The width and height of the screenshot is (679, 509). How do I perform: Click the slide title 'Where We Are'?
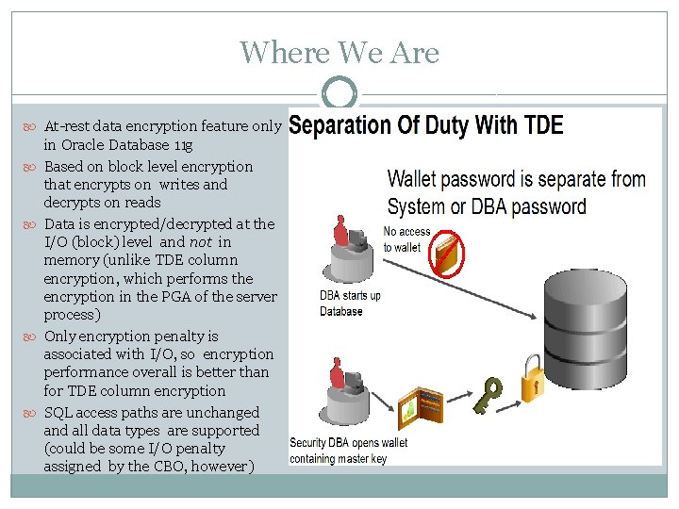tap(339, 52)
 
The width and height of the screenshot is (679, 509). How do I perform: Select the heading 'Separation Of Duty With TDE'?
tap(426, 125)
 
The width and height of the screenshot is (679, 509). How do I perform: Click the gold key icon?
tap(490, 396)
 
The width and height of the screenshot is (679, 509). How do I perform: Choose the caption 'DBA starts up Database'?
tap(351, 304)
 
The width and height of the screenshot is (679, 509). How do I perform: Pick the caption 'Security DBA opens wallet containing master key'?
tap(349, 451)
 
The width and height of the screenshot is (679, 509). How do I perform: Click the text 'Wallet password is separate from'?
tap(516, 179)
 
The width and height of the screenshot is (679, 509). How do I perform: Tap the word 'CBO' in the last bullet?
tap(170, 467)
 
